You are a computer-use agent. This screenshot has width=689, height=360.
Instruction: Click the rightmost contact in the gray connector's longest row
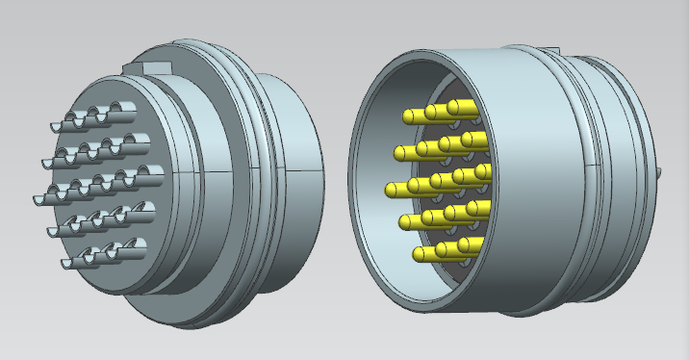click(150, 174)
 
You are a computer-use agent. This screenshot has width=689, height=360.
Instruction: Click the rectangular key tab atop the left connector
click(145, 66)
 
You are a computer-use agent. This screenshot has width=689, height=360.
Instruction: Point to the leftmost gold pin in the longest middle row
click(394, 189)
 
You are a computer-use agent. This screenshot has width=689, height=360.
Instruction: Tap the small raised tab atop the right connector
click(551, 49)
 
